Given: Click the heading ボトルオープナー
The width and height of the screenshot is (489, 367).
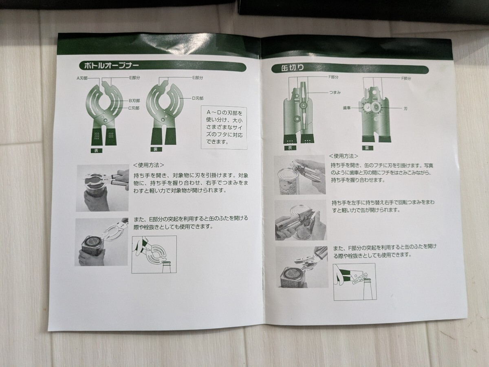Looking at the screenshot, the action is click(x=111, y=65).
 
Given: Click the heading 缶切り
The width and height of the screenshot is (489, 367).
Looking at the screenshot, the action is click(x=293, y=68).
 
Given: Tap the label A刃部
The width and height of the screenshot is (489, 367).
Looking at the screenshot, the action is click(x=82, y=78).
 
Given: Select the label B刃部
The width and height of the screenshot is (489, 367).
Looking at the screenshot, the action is click(x=134, y=101).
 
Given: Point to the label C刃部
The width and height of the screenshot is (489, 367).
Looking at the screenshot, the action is click(x=134, y=108).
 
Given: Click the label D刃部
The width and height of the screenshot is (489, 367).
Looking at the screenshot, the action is click(x=198, y=98).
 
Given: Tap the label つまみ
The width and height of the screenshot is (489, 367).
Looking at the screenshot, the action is click(x=335, y=92).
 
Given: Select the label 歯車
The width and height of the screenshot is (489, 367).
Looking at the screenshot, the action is click(x=347, y=108).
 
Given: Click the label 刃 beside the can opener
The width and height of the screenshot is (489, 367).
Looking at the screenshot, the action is click(x=405, y=109).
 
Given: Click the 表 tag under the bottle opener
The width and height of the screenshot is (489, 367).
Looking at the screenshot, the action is click(x=96, y=151).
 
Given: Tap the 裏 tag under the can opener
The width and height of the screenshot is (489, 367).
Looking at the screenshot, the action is click(x=366, y=148).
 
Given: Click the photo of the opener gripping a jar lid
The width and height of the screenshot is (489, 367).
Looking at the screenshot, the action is click(x=102, y=188).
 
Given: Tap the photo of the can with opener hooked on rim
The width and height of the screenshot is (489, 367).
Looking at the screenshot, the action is click(x=300, y=175).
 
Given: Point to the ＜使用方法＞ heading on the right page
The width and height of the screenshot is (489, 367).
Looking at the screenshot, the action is click(x=344, y=156).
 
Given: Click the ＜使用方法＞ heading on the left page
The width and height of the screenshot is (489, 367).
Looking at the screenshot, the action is click(x=148, y=165).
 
